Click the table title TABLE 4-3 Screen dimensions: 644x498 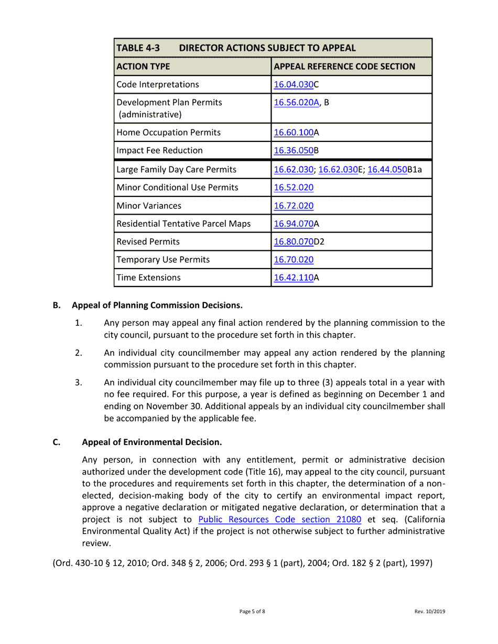138,48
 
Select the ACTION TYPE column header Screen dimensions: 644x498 143,66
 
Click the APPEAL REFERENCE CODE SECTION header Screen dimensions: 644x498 344,66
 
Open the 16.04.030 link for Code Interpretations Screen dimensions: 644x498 294,85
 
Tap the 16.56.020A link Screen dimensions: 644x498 296,103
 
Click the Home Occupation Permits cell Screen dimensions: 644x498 168,132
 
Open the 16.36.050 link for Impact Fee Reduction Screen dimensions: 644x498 294,151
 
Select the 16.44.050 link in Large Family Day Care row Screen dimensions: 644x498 387,170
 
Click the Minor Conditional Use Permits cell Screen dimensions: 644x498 177,187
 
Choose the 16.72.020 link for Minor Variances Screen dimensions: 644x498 294,206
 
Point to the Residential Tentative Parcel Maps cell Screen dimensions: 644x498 183,224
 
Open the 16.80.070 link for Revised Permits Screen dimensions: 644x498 294,242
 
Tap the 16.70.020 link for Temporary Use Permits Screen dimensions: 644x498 294,260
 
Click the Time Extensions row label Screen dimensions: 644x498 148,278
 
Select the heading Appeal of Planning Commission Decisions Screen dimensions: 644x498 157,305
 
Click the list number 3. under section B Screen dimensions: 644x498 78,383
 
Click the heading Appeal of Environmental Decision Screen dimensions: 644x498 152,442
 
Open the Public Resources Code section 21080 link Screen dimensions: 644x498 279,520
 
